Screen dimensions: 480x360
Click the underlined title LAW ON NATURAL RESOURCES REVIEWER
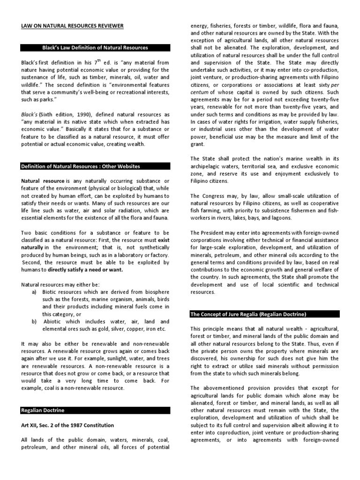(72, 26)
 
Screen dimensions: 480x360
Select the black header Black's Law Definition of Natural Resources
(95, 48)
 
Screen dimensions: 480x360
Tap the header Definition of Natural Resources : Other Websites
(80, 166)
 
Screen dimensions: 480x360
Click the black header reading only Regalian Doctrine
(43, 410)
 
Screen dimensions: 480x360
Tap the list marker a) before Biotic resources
(34, 292)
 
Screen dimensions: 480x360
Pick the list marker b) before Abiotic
(34, 322)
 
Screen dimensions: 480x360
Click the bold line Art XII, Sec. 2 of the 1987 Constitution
(67, 425)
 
